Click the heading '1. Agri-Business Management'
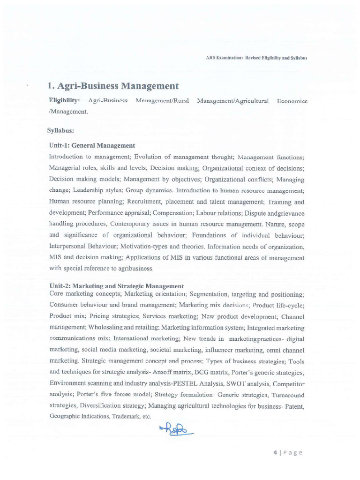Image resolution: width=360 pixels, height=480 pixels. tap(113, 86)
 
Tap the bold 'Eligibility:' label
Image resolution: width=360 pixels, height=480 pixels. tap(64, 101)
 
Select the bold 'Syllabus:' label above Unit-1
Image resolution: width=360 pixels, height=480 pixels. tap(61, 130)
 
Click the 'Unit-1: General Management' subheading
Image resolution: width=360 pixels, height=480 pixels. tap(92, 146)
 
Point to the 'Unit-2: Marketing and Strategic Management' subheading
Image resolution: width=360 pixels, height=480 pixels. tap(116, 286)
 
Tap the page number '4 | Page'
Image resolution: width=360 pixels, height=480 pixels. tap(287, 452)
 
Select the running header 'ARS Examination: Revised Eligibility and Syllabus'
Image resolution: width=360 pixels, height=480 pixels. tap(256, 58)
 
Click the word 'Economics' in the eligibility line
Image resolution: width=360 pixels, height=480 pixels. tap(292, 101)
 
